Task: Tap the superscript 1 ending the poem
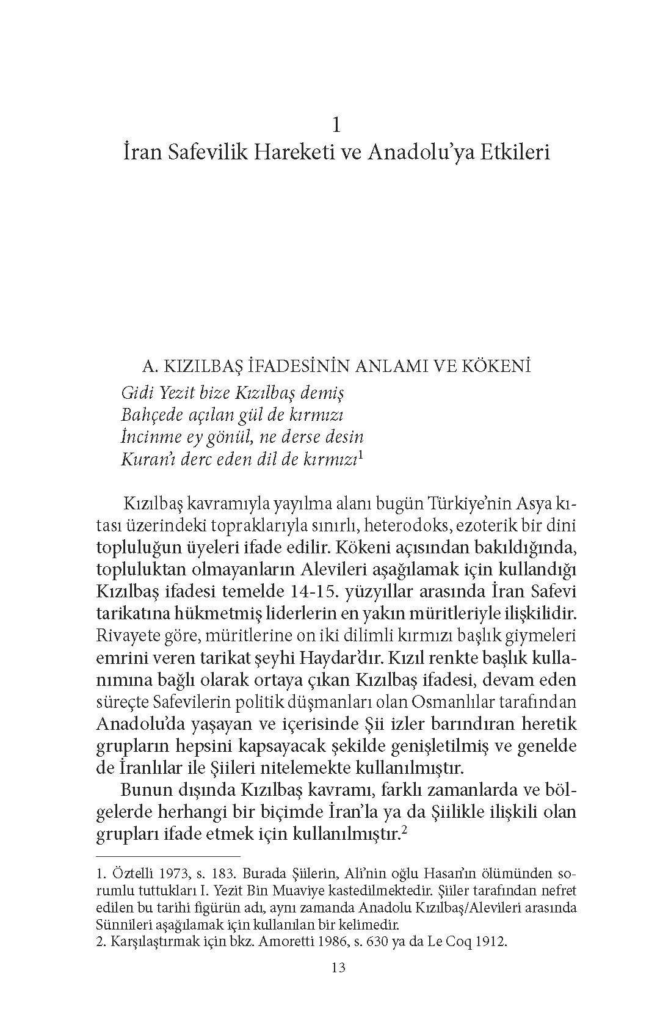coord(361,455)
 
